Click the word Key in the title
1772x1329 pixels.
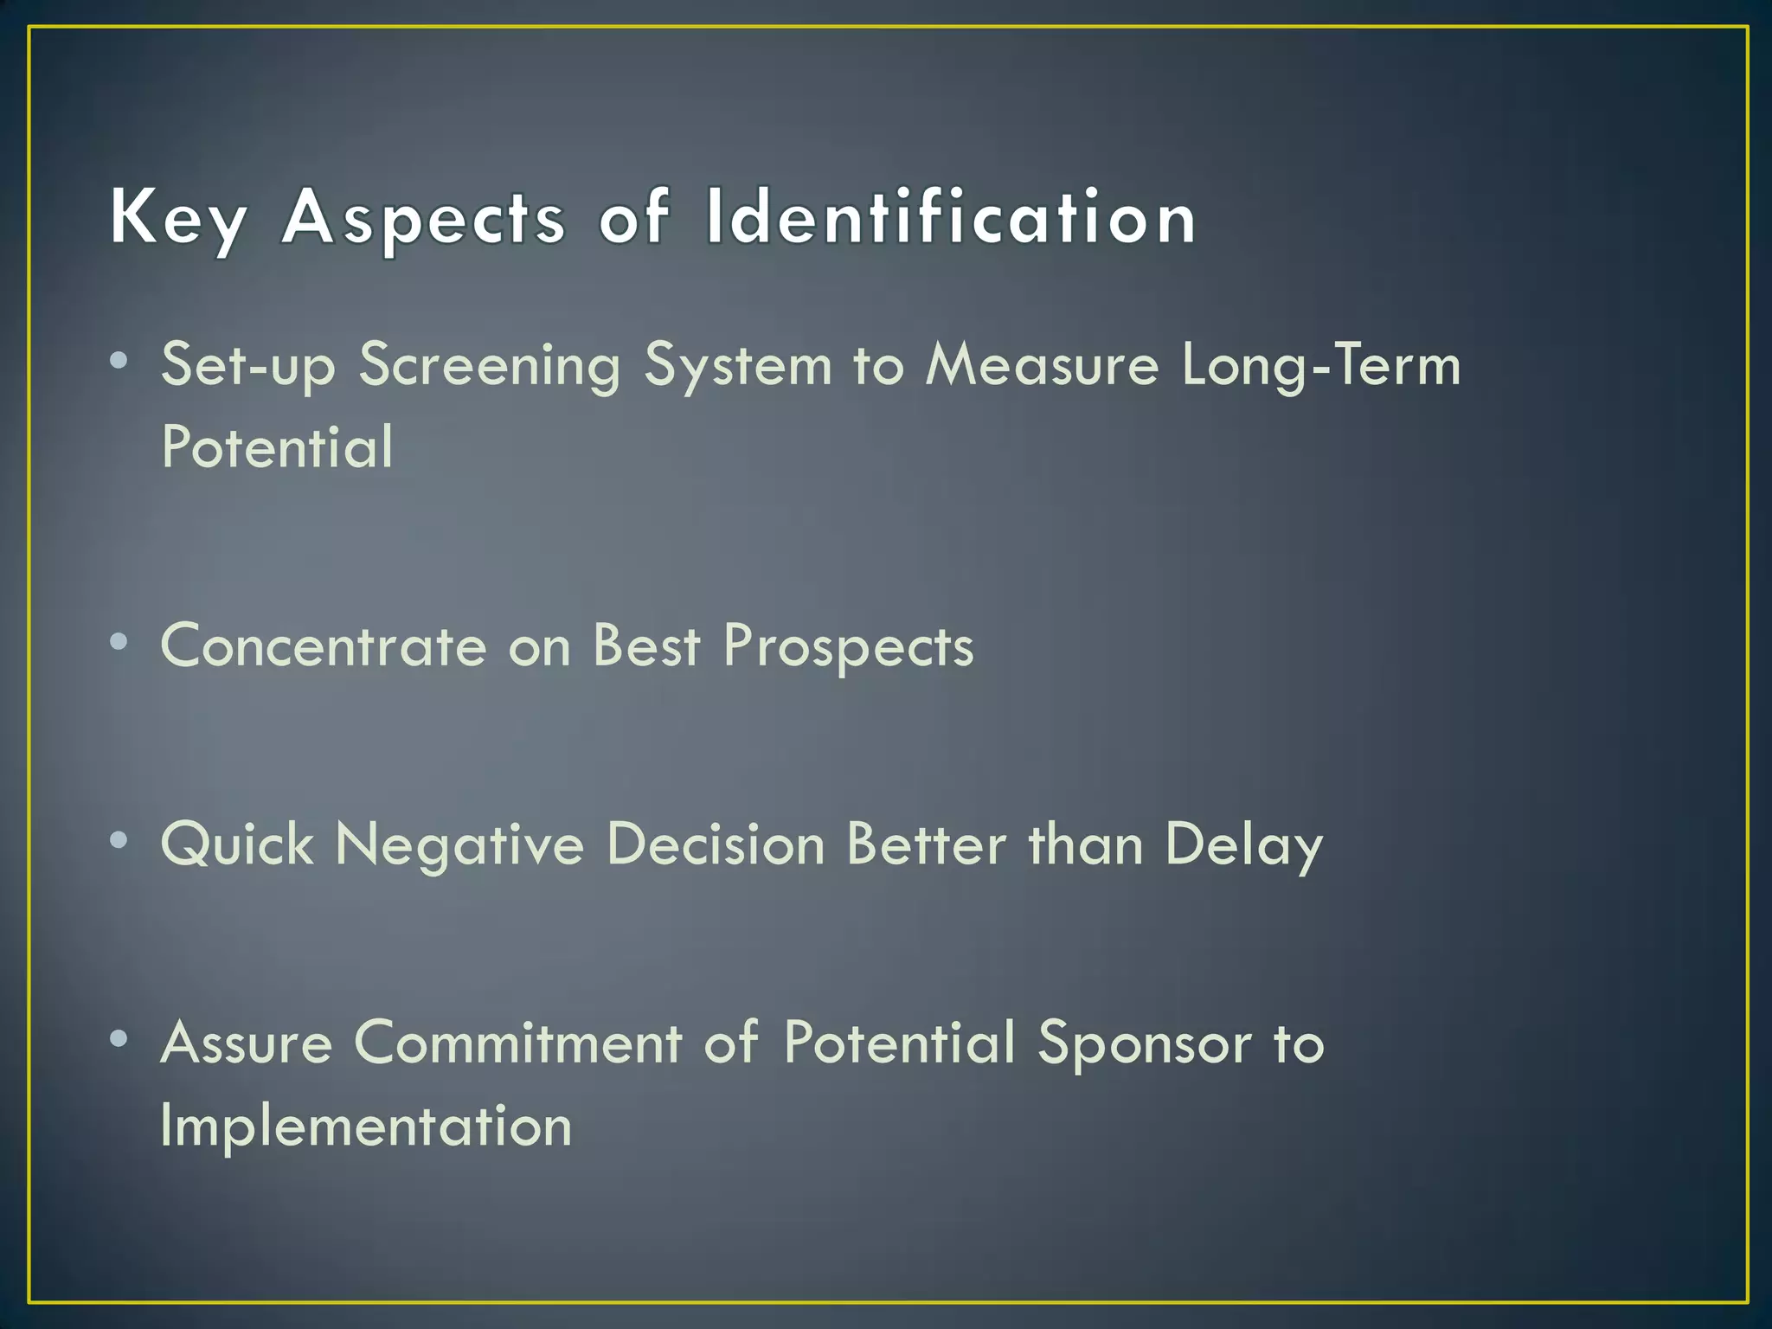coord(178,218)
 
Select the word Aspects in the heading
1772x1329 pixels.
coord(423,218)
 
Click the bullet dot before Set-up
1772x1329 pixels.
coord(119,360)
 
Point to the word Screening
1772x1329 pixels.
coord(490,365)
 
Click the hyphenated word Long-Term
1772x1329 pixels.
coord(1321,365)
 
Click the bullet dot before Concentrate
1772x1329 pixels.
coord(119,642)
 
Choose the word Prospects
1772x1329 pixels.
coord(849,647)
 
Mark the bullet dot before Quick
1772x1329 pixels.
coord(119,840)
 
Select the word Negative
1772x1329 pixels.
coord(459,844)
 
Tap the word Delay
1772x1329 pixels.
coord(1243,844)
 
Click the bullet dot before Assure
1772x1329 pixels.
coord(119,1037)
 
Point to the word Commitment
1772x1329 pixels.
coord(517,1042)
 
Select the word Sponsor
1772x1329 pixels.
coord(1145,1043)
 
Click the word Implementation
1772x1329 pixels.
coord(366,1126)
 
